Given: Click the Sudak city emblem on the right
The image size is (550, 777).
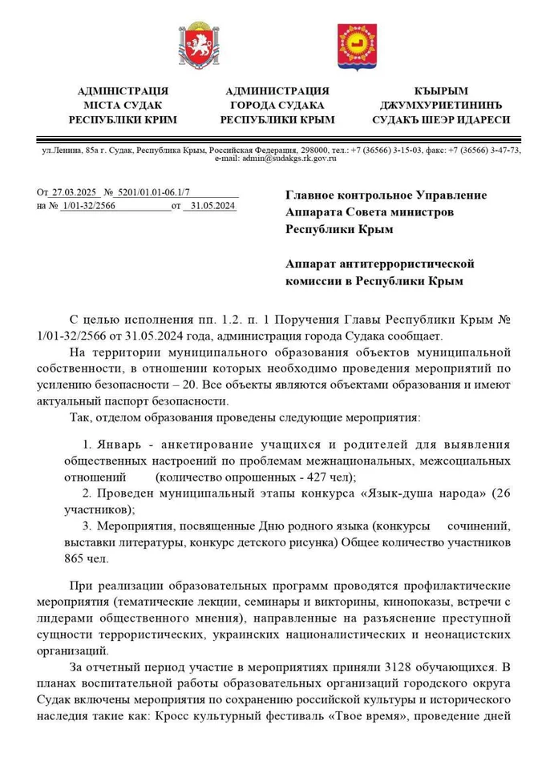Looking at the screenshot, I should (354, 46).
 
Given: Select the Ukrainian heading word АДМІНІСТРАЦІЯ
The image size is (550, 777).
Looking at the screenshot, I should (123, 91).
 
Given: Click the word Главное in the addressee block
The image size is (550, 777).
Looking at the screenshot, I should (313, 195).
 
